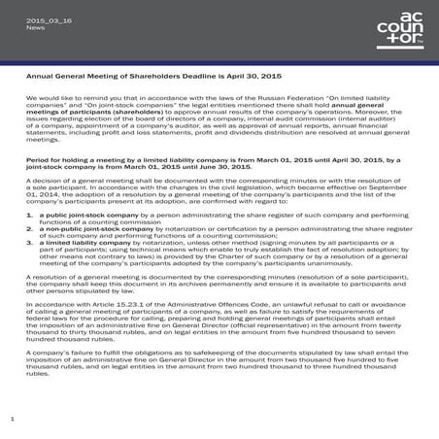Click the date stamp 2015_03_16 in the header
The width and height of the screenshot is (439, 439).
pos(45,18)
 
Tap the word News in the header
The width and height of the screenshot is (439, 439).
pos(35,27)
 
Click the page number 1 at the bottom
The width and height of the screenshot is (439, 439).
pos(11,418)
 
